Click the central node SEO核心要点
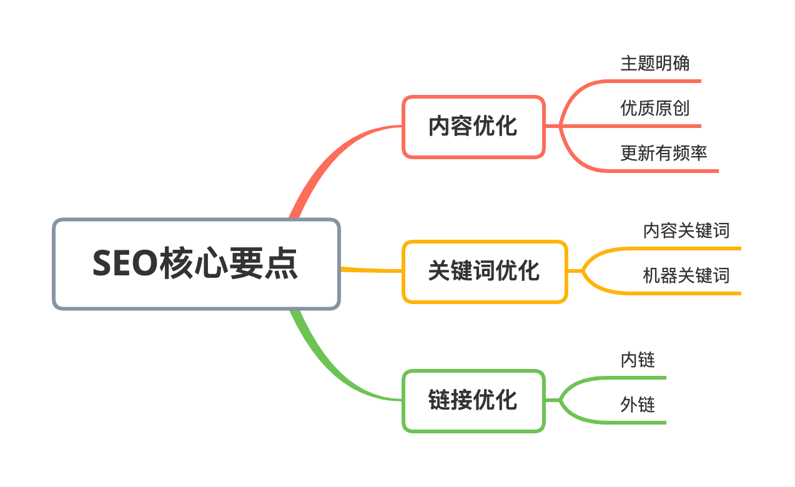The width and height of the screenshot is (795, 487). click(196, 264)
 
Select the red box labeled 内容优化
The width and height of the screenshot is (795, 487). click(473, 127)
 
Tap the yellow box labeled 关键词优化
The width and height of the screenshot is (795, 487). click(485, 272)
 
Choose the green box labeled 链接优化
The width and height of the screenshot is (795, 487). click(473, 400)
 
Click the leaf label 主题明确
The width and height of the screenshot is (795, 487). click(654, 63)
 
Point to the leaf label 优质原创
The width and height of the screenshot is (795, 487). click(654, 108)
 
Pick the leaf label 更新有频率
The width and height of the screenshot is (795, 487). click(663, 153)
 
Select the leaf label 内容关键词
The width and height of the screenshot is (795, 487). click(686, 230)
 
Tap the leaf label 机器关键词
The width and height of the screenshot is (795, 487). click(686, 275)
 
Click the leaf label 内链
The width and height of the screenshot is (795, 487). click(637, 360)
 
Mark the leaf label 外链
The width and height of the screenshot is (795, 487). click(637, 405)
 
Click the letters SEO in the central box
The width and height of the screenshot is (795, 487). click(125, 263)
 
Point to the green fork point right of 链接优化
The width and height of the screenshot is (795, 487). click(560, 400)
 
